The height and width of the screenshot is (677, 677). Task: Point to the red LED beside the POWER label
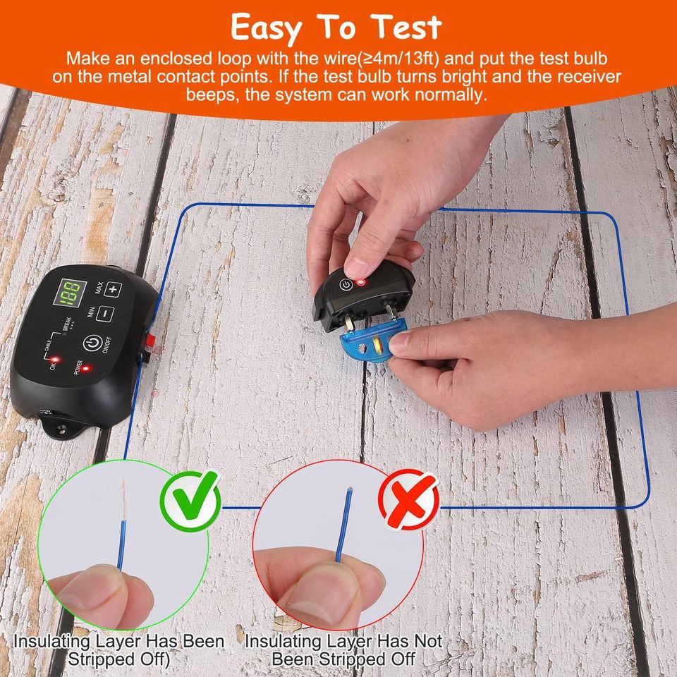click(85, 367)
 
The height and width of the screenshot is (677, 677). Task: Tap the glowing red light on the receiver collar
click(360, 282)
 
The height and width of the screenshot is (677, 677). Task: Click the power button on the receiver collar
click(345, 286)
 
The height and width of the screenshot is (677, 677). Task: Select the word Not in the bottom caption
click(422, 642)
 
